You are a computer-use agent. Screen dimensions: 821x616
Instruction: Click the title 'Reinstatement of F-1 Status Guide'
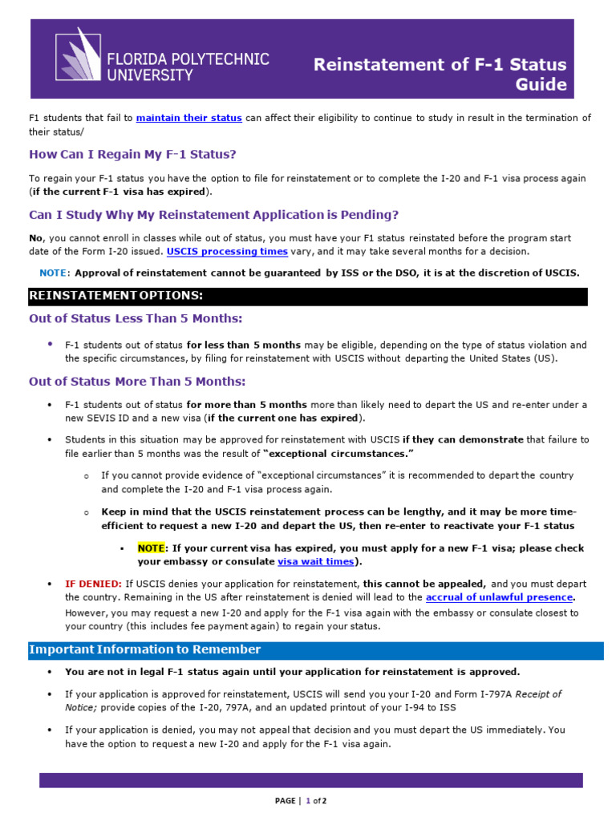click(440, 75)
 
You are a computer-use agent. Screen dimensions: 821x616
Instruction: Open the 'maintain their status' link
click(188, 118)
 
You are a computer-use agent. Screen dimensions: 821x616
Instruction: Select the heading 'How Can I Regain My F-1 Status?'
click(132, 154)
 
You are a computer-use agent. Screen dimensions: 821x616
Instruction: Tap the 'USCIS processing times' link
click(227, 251)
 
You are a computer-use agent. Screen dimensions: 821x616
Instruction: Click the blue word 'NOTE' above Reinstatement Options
click(54, 273)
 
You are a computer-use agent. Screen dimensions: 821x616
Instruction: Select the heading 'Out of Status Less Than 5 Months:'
click(136, 318)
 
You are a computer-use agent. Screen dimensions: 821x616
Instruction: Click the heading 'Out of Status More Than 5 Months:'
click(137, 381)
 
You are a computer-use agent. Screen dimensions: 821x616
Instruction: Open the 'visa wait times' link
click(316, 562)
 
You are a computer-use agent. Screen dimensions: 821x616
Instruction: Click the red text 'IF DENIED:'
click(93, 584)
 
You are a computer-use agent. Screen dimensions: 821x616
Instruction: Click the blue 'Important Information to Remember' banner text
click(144, 649)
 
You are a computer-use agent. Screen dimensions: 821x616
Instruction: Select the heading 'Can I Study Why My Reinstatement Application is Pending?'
click(213, 215)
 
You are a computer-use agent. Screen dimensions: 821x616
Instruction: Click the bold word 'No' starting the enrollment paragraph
click(35, 238)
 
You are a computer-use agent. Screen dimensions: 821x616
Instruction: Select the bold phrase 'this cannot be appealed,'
click(424, 584)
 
